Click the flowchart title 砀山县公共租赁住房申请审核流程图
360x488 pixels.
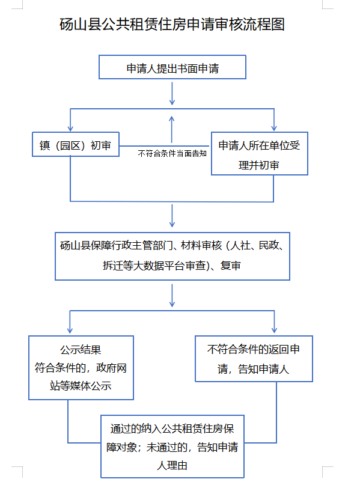pos(172,25)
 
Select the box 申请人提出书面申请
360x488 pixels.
pos(172,67)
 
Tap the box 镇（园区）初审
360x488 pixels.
pos(76,144)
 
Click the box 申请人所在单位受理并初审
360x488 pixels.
pos(260,153)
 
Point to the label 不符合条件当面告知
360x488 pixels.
pos(172,153)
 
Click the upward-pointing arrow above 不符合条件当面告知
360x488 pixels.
pos(171,129)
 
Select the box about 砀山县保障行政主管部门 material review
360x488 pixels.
pos(172,256)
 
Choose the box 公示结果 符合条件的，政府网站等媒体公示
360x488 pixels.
pos(81,368)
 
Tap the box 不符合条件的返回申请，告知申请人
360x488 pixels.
pos(254,359)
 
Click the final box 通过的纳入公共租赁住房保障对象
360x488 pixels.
pos(172,447)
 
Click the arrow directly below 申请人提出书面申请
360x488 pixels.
pos(172,93)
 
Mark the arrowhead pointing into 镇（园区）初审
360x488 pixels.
pos(70,128)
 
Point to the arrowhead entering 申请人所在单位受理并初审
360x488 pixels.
pos(274,128)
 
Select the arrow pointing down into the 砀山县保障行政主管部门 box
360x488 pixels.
pos(172,216)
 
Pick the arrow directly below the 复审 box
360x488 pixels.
pos(172,295)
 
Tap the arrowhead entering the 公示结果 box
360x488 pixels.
pos(70,330)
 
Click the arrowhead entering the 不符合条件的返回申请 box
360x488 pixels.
pos(274,330)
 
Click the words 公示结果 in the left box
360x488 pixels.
pos(81,350)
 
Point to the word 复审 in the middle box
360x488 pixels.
pos(231,266)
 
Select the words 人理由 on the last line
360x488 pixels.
pos(172,466)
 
